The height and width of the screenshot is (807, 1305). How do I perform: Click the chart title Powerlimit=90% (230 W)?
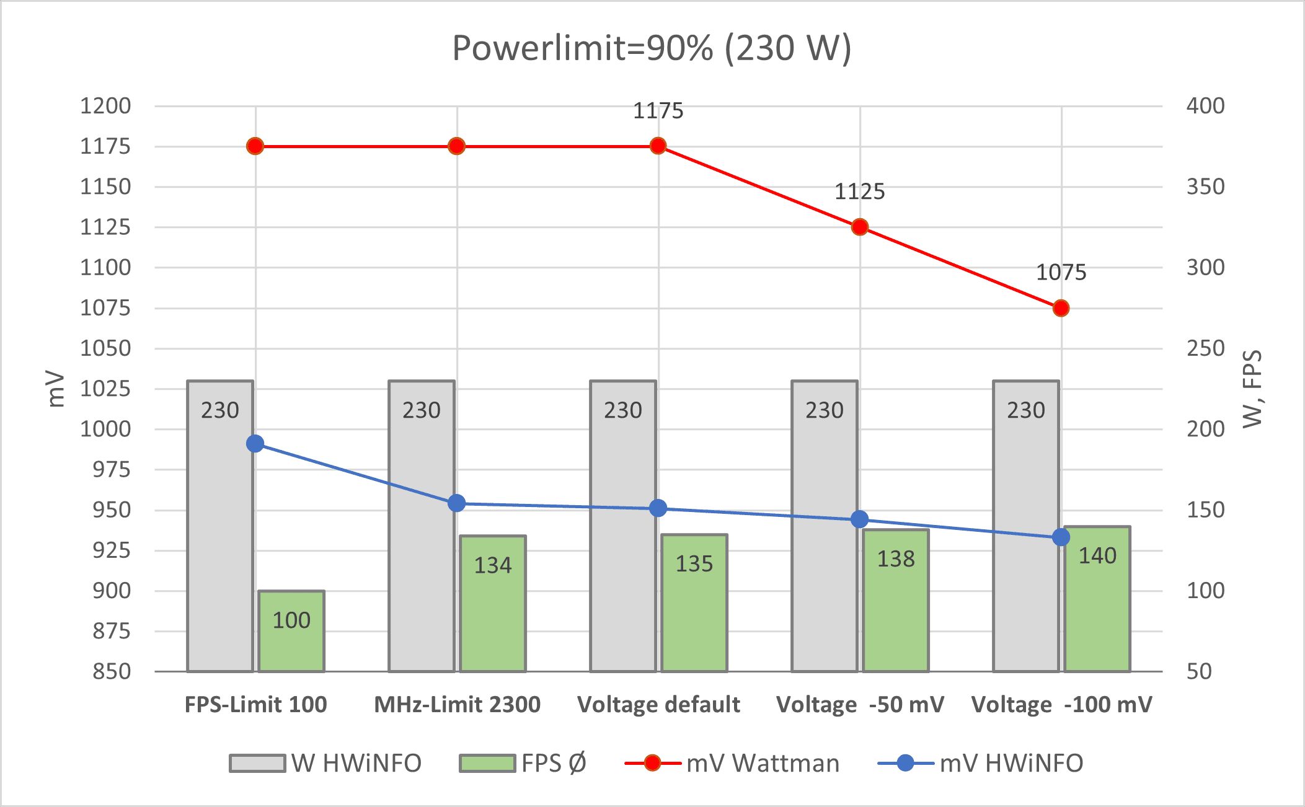tap(652, 48)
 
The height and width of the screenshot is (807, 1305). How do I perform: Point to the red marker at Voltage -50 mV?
tap(860, 227)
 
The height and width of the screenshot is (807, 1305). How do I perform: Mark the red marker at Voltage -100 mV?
tap(1061, 308)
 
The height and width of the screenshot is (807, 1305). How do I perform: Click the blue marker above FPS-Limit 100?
tap(255, 444)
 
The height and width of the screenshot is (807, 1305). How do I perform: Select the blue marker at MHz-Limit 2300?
tap(457, 503)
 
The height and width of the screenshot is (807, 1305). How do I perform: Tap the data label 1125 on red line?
tap(859, 192)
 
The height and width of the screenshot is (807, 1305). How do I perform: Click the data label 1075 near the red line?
tap(1061, 272)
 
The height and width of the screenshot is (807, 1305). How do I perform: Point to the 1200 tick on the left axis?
tap(106, 106)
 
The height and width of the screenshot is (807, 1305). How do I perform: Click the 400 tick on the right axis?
tap(1205, 106)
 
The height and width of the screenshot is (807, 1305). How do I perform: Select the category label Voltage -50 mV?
tap(860, 705)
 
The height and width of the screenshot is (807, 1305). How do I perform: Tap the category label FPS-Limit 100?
tap(255, 705)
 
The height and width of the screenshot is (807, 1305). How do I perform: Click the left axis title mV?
tap(56, 389)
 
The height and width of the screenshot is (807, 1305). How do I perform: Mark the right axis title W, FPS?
tap(1252, 389)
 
